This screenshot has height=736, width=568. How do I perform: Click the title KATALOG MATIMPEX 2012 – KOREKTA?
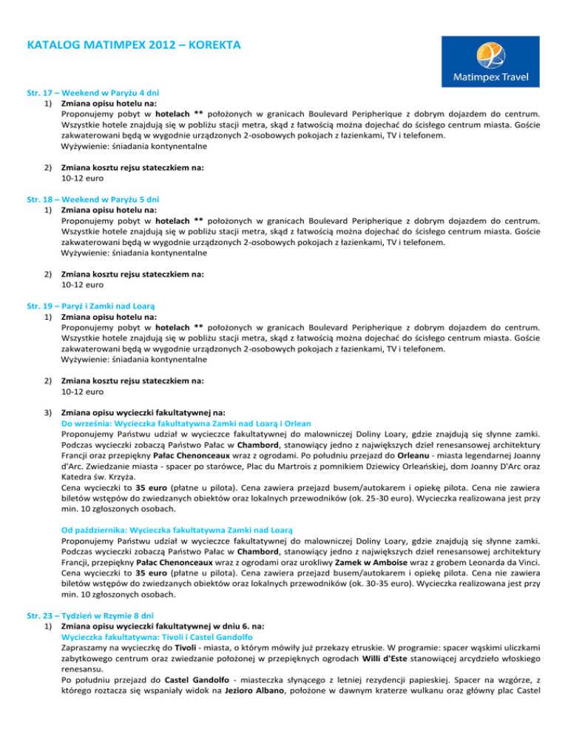click(132, 45)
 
